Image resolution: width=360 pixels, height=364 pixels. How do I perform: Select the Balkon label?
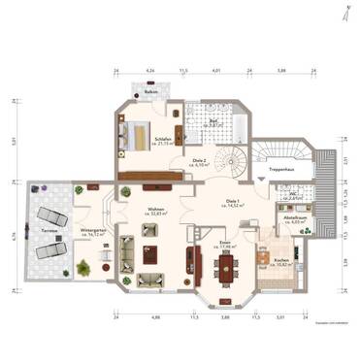[151, 93]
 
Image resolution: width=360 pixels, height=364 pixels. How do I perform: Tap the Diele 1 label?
[233, 201]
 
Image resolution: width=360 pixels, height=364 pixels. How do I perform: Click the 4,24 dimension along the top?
[150, 71]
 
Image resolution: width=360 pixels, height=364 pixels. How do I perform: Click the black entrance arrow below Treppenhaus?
[262, 179]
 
